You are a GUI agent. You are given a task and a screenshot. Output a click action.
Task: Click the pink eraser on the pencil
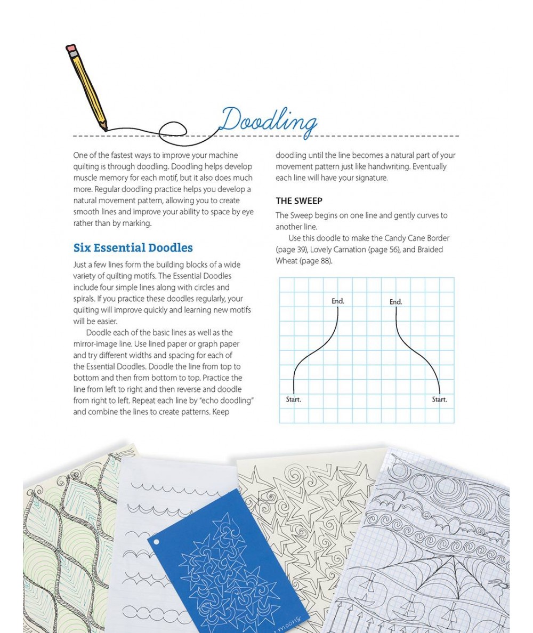71,49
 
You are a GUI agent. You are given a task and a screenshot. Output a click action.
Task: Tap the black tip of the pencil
105,129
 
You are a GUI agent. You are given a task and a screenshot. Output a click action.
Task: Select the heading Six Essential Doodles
133,248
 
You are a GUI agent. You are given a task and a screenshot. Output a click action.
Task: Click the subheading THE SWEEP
298,201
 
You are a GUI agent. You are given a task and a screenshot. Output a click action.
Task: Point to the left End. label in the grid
337,301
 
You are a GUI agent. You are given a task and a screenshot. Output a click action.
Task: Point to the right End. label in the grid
395,302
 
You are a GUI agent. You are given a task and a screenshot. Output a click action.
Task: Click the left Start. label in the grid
294,399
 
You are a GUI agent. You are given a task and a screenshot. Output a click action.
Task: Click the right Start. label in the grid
439,399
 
